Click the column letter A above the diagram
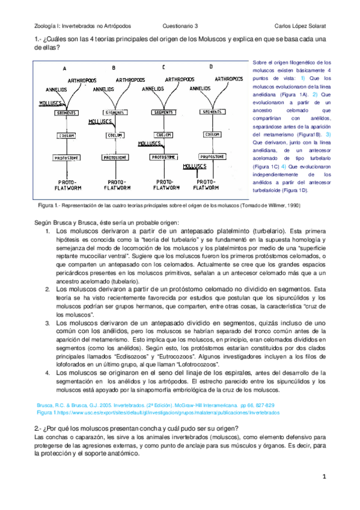[64, 69]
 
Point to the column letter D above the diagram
[210, 67]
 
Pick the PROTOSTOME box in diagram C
[163, 156]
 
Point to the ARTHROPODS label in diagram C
[180, 79]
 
